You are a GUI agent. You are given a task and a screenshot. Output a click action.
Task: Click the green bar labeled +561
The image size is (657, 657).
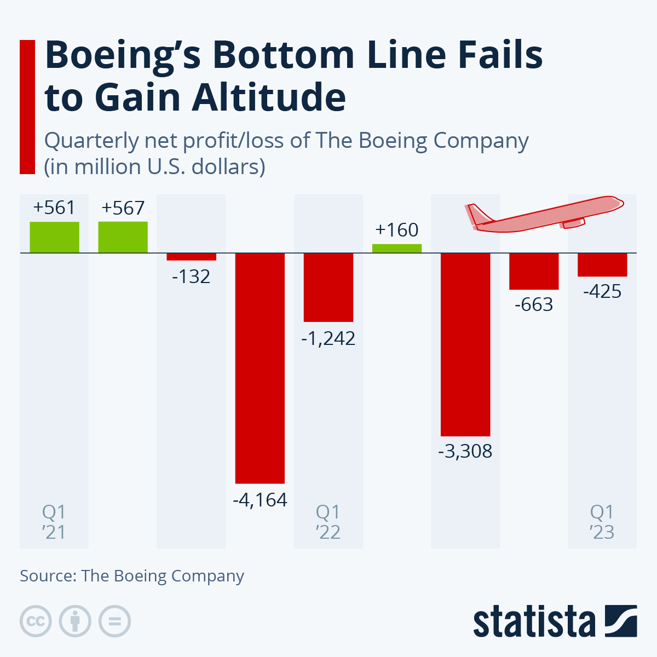point(54,237)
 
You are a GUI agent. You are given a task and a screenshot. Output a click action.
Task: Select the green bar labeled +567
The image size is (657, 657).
point(123,237)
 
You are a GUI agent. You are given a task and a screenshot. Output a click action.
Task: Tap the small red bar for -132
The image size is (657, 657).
point(191,257)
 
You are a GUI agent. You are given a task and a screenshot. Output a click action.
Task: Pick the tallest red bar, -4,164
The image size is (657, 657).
point(260,368)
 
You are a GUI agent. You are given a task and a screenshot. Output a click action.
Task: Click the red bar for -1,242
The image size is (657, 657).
point(328,287)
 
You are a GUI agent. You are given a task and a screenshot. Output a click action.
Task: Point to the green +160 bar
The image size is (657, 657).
point(397,248)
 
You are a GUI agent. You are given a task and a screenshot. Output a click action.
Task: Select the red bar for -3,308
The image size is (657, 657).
point(465,344)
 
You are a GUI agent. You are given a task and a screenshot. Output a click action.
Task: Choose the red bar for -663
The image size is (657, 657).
point(534,271)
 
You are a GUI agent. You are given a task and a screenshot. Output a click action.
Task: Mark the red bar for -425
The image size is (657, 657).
point(602,264)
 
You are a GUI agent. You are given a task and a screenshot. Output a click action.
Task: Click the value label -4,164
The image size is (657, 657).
point(260,500)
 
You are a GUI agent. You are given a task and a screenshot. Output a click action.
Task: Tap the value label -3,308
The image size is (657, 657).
point(465,452)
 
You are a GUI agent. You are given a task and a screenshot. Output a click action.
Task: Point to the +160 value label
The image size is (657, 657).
point(397,230)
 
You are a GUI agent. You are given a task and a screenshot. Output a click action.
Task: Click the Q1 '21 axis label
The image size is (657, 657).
point(54,522)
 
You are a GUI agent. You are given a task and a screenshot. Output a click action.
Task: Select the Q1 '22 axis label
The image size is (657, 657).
point(328,522)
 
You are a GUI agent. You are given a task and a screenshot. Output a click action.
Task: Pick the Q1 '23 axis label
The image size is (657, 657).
point(602,522)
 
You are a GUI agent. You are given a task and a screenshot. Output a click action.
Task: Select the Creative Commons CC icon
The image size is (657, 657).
point(36,621)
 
